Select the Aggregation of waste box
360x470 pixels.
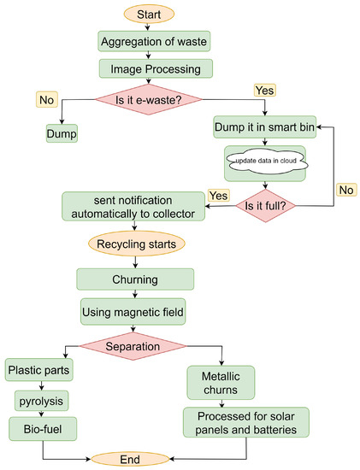[150, 41]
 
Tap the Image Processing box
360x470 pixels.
[150, 68]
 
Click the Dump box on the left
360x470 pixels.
[62, 133]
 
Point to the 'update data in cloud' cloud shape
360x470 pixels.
[265, 162]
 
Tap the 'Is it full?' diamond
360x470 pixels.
[266, 206]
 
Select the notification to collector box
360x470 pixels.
[133, 206]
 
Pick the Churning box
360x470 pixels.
[135, 279]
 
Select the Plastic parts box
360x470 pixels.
[39, 372]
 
